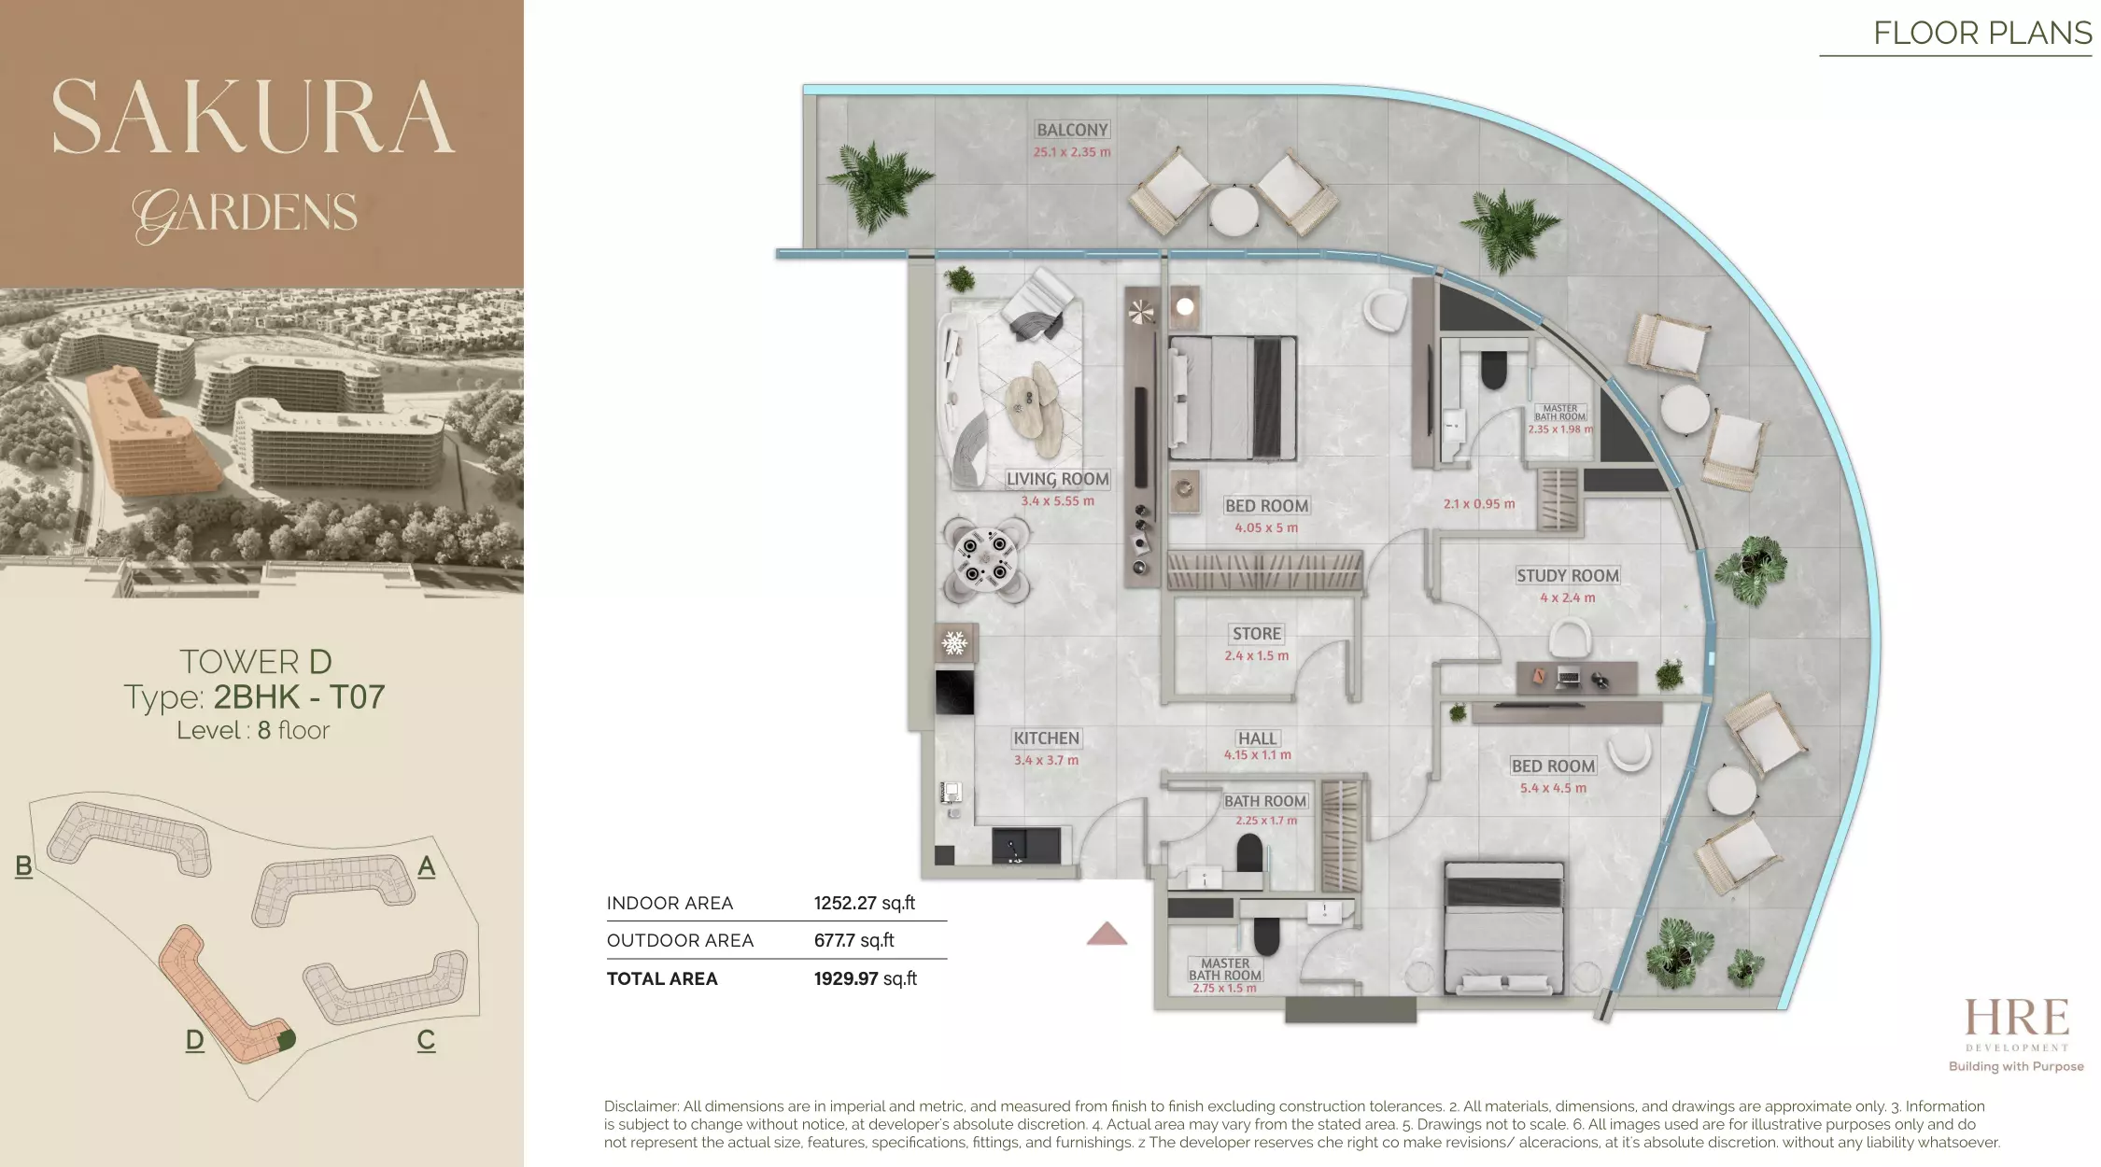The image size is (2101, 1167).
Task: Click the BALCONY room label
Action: coord(1072,130)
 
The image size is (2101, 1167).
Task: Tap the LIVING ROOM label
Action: coord(1058,479)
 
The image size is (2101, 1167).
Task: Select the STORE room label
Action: coord(1257,634)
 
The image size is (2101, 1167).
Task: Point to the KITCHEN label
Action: coord(1047,738)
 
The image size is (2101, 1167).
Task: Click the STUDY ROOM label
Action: coord(1568,576)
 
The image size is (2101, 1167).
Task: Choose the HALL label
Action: coord(1258,738)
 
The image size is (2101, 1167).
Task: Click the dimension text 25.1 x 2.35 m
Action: coord(1072,152)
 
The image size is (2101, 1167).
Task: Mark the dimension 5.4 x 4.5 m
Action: coord(1553,788)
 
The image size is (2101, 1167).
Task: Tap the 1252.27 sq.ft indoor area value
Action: coord(865,903)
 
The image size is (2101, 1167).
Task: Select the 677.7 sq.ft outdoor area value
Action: coord(853,940)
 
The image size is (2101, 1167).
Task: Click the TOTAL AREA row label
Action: coord(662,978)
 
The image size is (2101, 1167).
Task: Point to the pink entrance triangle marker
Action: coord(1107,934)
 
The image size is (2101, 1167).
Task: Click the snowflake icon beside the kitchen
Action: coord(954,643)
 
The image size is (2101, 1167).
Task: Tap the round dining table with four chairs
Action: coord(986,559)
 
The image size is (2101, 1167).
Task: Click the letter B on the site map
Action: coord(24,866)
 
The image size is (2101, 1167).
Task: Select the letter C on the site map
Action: coord(426,1040)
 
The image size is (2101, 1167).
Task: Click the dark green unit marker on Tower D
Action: coord(287,1039)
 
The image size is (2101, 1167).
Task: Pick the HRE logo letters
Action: coord(2017,1018)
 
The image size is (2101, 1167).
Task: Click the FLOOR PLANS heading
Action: coord(1982,34)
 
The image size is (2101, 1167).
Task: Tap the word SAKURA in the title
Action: coord(253,117)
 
